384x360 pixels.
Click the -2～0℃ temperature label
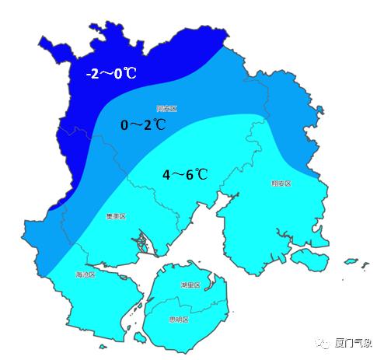110,74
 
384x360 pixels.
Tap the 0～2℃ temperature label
143,124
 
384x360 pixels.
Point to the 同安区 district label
166,108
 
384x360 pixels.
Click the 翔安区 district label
281,183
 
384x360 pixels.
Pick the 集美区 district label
116,216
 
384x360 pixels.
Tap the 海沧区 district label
85,274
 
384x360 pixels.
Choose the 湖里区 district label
190,285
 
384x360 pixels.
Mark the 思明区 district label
179,319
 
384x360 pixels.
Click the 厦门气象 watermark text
354,342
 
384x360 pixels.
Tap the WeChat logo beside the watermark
322,342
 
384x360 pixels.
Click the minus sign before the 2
89,74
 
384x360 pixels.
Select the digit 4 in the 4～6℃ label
166,174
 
